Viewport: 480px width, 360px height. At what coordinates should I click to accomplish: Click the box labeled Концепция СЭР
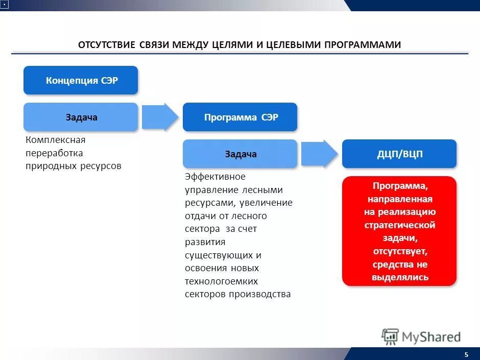pos(81,80)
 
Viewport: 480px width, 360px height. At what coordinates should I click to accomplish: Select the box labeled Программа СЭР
pos(240,117)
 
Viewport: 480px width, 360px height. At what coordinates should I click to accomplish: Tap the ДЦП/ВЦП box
pos(399,154)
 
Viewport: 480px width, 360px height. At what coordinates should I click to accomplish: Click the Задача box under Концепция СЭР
pos(81,117)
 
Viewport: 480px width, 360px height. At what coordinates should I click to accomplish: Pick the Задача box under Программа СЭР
pos(240,154)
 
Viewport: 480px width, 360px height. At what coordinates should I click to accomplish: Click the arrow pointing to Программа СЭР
pos(160,117)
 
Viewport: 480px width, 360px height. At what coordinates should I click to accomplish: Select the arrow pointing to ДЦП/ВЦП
pos(319,154)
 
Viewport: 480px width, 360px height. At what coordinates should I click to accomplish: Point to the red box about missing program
pos(399,231)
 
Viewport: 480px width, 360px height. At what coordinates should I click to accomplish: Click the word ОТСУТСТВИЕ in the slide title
pos(106,45)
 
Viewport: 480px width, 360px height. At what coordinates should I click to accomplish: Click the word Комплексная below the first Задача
pos(56,140)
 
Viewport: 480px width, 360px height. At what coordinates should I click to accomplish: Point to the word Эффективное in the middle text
pos(215,177)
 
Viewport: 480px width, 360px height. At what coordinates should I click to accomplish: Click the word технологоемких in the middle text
pos(221,281)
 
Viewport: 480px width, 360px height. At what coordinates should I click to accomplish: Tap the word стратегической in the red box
pos(399,225)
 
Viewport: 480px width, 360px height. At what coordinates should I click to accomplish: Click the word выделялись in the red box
pos(400,277)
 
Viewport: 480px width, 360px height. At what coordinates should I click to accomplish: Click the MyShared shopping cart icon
pos(390,337)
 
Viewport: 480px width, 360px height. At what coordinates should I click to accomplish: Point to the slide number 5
pos(466,354)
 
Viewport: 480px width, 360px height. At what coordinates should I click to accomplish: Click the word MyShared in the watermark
pos(431,337)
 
